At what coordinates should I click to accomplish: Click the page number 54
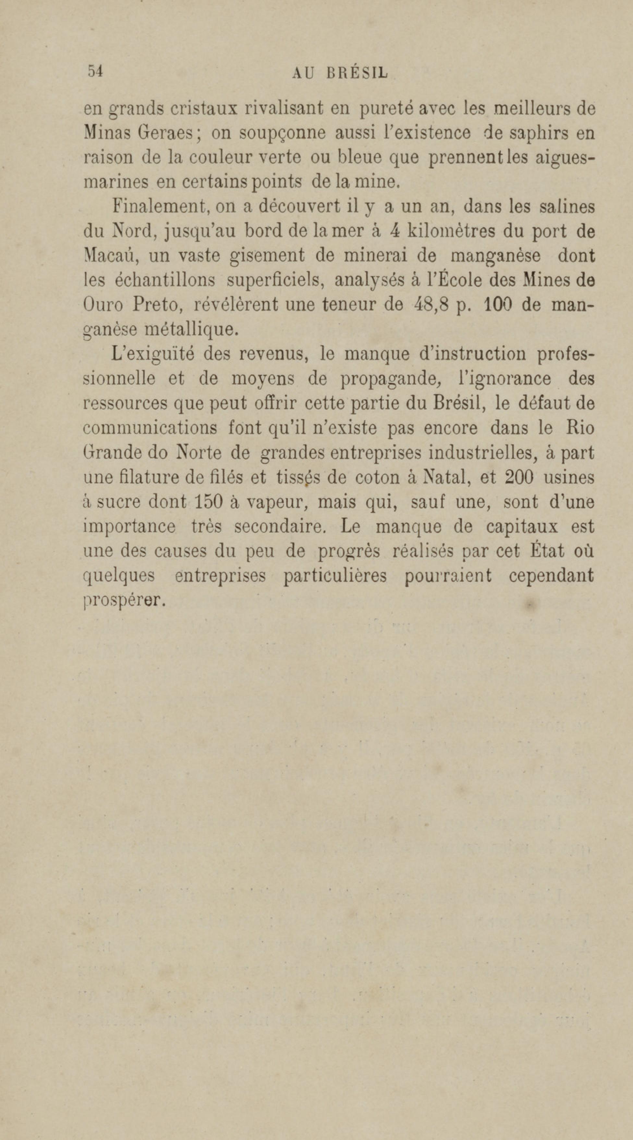[95, 71]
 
